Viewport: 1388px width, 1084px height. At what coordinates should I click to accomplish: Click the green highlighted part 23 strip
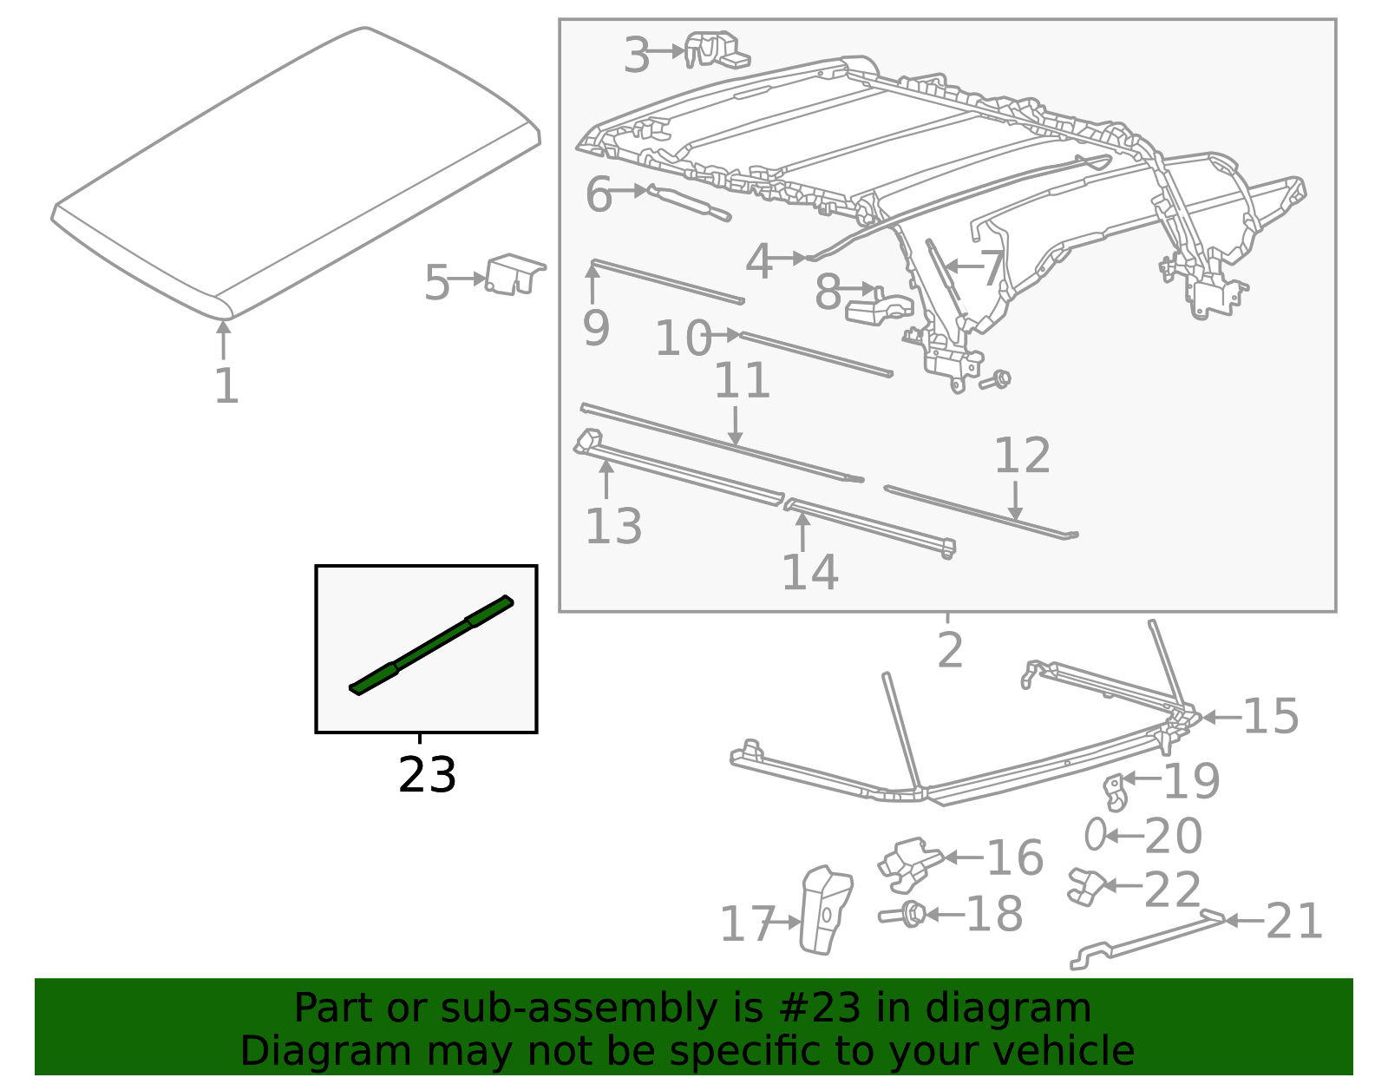tap(431, 645)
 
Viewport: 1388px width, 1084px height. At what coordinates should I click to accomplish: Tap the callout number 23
tap(426, 775)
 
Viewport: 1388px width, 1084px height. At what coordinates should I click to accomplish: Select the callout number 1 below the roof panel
tap(226, 385)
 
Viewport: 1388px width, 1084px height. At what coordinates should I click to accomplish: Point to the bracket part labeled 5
tap(514, 275)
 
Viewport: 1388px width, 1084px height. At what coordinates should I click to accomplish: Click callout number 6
tap(599, 194)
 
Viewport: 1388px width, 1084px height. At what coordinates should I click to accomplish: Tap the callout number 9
tap(596, 328)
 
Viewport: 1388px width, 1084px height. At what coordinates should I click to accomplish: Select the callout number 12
tap(1022, 456)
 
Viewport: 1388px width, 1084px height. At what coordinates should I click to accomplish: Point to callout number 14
tap(809, 571)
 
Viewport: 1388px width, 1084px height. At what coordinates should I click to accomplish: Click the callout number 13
tap(613, 526)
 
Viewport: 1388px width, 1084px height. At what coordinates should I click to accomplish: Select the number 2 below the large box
tap(950, 650)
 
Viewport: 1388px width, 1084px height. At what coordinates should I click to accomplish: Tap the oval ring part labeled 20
tap(1095, 835)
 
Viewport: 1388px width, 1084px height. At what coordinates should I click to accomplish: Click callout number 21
tap(1293, 921)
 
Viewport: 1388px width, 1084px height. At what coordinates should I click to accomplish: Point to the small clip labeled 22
tap(1084, 885)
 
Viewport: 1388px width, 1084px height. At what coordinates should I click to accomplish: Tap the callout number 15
tap(1270, 717)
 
